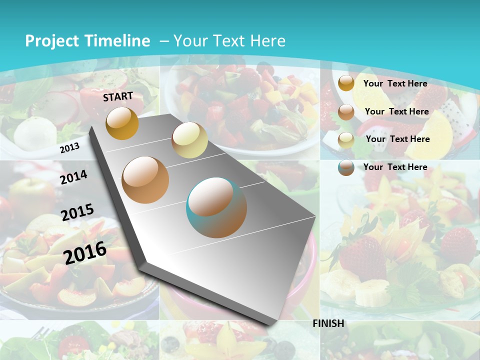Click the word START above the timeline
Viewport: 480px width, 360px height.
(x=118, y=96)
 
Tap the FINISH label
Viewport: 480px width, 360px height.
(x=328, y=323)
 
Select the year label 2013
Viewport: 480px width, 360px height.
(x=69, y=147)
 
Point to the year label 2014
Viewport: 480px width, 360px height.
(x=73, y=177)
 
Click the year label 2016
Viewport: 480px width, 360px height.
(x=85, y=252)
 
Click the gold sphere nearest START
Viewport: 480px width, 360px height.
(x=122, y=123)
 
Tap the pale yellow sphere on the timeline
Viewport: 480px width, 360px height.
(x=189, y=140)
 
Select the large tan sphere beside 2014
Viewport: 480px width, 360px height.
(x=145, y=179)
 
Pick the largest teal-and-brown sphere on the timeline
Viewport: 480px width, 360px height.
(x=216, y=207)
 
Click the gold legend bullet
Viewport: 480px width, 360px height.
(x=346, y=83)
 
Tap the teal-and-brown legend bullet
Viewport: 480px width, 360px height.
(x=346, y=167)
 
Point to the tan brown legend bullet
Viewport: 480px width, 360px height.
(x=346, y=112)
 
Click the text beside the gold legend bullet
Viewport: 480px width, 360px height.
(x=395, y=83)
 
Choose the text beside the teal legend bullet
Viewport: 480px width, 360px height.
(x=395, y=167)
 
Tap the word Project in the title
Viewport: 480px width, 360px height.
(x=52, y=41)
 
